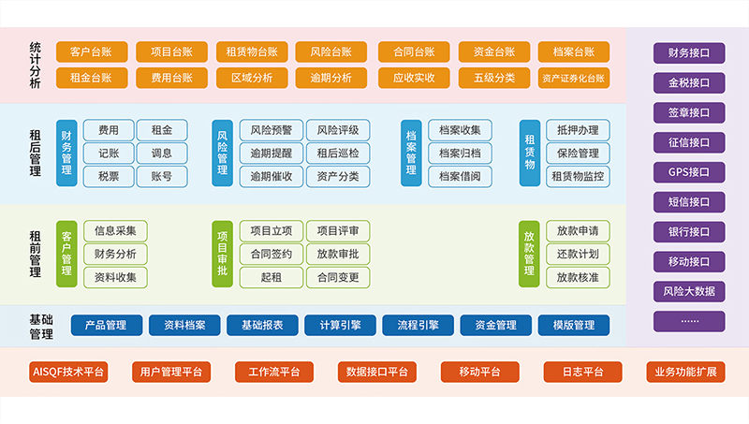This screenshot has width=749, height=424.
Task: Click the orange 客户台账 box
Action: [92, 52]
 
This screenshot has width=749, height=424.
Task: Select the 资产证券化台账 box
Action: [573, 78]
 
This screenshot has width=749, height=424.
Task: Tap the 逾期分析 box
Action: [330, 78]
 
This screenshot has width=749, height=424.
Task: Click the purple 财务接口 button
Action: [688, 52]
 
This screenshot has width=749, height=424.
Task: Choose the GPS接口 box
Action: [688, 172]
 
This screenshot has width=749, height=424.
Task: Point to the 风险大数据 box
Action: [688, 291]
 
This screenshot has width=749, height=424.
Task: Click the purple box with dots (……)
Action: [688, 321]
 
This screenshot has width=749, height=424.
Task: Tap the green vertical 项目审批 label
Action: [222, 253]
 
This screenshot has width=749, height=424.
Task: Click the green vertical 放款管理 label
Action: [530, 253]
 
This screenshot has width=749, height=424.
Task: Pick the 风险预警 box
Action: [271, 130]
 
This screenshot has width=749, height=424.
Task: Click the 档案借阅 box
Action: [460, 175]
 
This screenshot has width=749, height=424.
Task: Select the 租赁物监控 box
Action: [578, 175]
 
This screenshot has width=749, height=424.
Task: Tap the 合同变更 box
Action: [337, 277]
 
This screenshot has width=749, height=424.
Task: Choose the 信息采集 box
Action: [115, 230]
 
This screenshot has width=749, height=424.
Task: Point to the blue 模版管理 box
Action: [573, 326]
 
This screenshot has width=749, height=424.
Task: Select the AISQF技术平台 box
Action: [68, 372]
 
